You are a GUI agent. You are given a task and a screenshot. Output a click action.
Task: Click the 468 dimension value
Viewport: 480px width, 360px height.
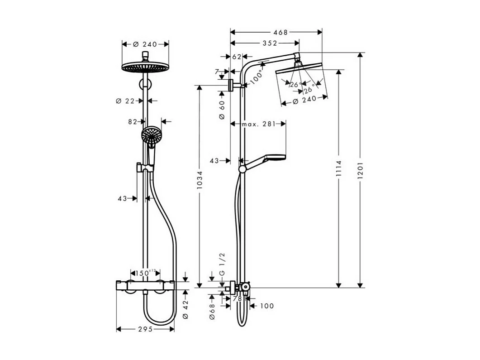(x=280, y=32)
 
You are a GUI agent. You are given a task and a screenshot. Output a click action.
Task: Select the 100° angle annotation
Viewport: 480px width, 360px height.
(x=257, y=77)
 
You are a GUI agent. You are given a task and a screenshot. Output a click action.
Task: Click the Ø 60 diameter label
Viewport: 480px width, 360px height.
(x=222, y=110)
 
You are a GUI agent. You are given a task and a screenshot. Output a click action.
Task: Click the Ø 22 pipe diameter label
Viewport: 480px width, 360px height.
(x=125, y=101)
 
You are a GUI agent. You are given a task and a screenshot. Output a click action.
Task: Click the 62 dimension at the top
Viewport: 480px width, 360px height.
(x=237, y=57)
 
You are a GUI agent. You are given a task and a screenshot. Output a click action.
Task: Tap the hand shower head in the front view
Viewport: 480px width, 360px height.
(x=151, y=134)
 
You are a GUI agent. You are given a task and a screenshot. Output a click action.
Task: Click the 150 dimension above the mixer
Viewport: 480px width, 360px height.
(x=143, y=273)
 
